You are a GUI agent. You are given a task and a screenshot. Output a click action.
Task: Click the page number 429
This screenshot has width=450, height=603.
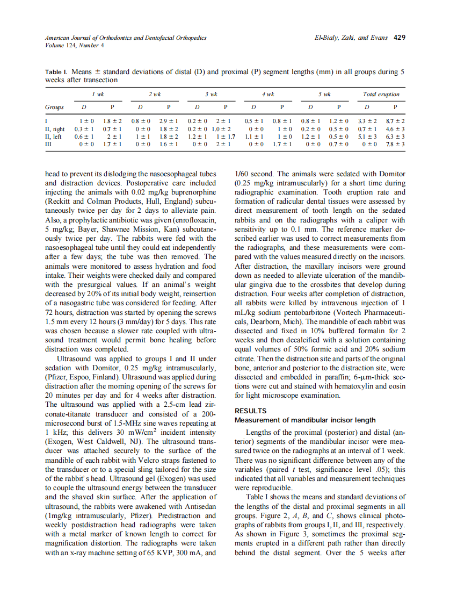coord(399,38)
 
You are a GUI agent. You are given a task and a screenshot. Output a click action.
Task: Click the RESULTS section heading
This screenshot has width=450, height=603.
coord(251,411)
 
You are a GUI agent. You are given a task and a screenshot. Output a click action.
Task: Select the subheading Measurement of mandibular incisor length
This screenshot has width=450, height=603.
coord(305,420)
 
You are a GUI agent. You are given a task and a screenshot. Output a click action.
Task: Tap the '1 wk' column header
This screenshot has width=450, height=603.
coord(97,94)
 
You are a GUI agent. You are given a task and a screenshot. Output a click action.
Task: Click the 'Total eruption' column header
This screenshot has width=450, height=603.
coord(381,94)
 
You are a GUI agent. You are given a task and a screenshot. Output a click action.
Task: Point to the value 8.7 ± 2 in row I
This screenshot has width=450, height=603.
coord(395,122)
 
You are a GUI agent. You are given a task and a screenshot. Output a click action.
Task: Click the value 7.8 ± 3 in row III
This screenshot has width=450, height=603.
coord(395,144)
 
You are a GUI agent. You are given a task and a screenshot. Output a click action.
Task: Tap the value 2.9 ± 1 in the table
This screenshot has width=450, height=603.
coord(169,122)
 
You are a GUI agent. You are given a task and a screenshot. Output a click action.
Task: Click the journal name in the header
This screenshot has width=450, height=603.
coord(126,38)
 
